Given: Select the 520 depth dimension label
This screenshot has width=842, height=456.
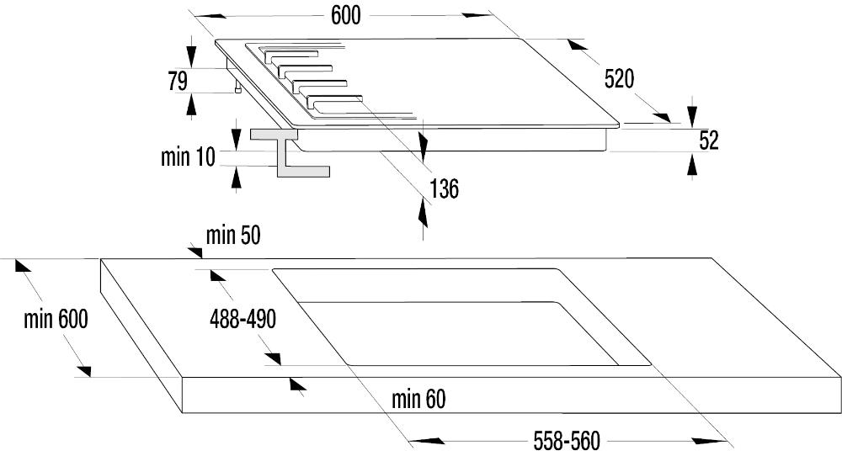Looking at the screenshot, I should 618,79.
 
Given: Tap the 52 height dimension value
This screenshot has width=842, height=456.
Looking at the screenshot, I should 708,141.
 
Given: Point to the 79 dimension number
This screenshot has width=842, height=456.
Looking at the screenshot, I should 177,81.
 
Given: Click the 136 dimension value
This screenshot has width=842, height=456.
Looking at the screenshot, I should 443,188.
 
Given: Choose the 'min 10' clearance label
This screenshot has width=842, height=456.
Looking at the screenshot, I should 188,157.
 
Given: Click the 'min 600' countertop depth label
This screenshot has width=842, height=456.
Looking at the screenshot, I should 56,320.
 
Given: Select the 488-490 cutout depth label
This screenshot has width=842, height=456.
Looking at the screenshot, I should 242,319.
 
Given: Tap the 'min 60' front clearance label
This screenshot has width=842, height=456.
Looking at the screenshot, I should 418,400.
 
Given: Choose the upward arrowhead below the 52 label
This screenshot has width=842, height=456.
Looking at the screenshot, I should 692,167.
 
